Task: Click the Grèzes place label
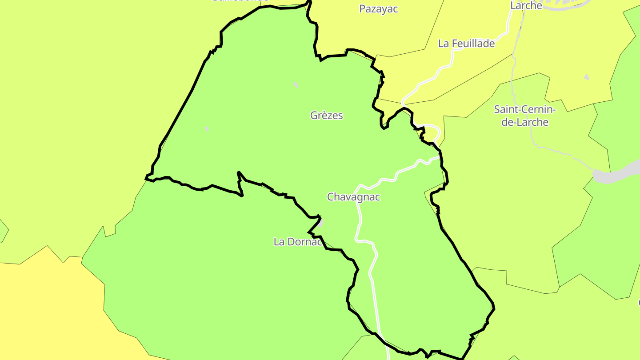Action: tap(326, 116)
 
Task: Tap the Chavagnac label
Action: tap(354, 197)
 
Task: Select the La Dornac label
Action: tap(297, 242)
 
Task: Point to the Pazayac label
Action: tap(378, 9)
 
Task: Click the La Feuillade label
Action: tap(466, 44)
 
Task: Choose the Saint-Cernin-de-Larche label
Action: tap(525, 116)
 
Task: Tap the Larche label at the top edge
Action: tap(526, 6)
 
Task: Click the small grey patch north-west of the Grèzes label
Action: tap(296, 84)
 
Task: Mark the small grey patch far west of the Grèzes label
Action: tap(207, 129)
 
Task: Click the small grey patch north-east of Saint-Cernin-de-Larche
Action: tap(586, 77)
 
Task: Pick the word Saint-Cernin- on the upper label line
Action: tap(525, 109)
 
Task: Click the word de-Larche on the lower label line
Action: tap(525, 122)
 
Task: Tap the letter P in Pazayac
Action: tap(362, 9)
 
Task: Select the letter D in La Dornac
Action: tap(291, 242)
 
